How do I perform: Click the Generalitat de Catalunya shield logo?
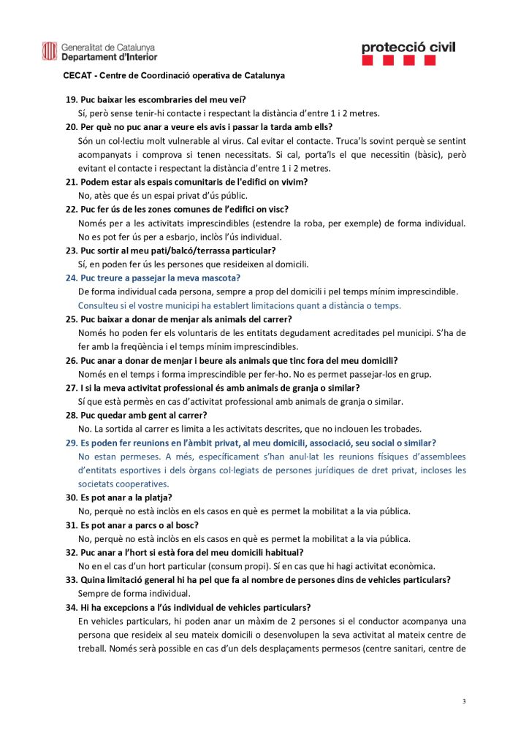tap(49, 51)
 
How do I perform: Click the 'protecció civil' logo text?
tap(408, 47)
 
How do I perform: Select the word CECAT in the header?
tap(77, 75)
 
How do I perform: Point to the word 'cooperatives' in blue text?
tap(123, 484)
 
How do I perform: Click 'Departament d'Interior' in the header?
tap(109, 56)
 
